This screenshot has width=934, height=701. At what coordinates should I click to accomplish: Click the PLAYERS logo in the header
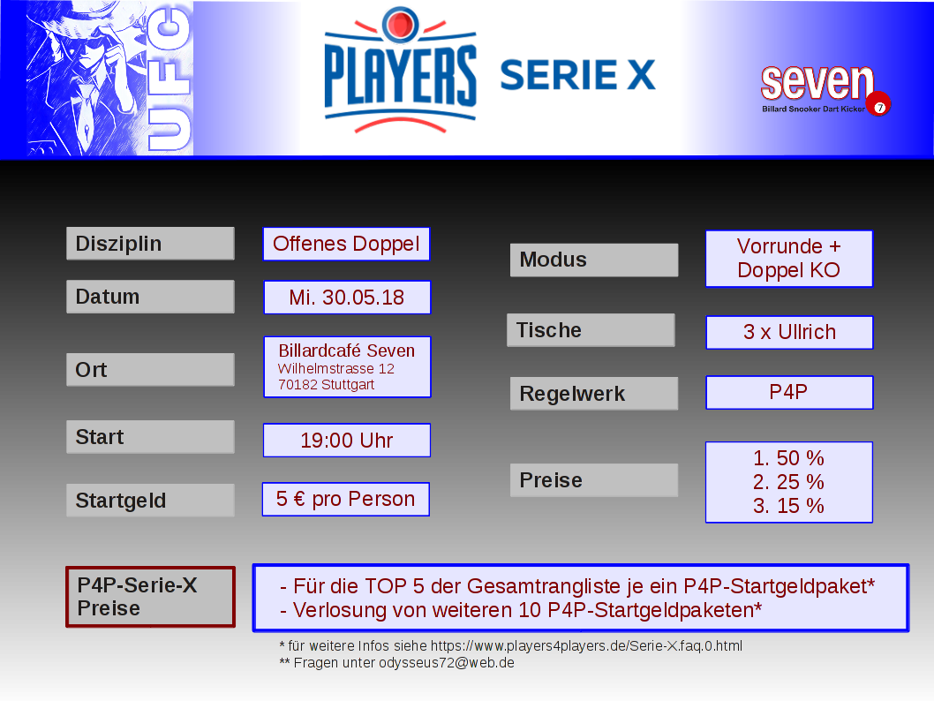tap(400, 70)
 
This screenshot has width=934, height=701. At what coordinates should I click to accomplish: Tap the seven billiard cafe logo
tap(825, 90)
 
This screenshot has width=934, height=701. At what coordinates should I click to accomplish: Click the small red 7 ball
tap(878, 105)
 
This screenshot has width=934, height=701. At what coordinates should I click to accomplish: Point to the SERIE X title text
tap(577, 75)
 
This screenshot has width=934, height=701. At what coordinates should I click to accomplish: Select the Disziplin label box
tap(150, 243)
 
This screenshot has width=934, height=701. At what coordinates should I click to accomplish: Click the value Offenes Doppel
tap(346, 244)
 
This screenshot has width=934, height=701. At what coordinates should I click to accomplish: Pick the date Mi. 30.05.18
tap(347, 298)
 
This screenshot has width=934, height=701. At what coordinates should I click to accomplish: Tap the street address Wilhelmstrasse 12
tap(336, 369)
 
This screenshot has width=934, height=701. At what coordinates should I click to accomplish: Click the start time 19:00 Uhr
tap(347, 441)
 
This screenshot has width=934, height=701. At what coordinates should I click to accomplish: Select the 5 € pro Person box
tap(345, 499)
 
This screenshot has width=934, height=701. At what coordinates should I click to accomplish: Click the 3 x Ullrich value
tap(789, 332)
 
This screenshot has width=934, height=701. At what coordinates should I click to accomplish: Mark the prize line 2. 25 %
tap(788, 482)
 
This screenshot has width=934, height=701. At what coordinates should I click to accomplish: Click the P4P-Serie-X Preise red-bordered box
tap(150, 597)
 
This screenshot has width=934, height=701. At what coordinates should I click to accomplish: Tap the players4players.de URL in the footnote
tap(586, 646)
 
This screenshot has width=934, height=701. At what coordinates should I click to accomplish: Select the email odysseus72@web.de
tap(446, 663)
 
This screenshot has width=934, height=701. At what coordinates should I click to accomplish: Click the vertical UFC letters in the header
tap(169, 79)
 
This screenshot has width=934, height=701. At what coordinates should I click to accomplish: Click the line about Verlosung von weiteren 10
tap(521, 610)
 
